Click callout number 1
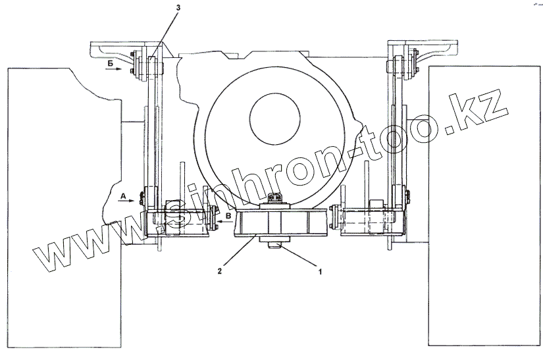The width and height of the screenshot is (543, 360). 320,272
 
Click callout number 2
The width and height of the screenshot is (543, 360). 220,271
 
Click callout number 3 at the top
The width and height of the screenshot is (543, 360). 178,7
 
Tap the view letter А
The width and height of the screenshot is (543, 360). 123,197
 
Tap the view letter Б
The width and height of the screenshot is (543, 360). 111,63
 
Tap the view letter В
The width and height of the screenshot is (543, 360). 228,216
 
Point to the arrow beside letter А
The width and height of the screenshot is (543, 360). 127,201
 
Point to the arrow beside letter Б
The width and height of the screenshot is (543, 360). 114,69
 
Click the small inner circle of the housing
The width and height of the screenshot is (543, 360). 274,118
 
